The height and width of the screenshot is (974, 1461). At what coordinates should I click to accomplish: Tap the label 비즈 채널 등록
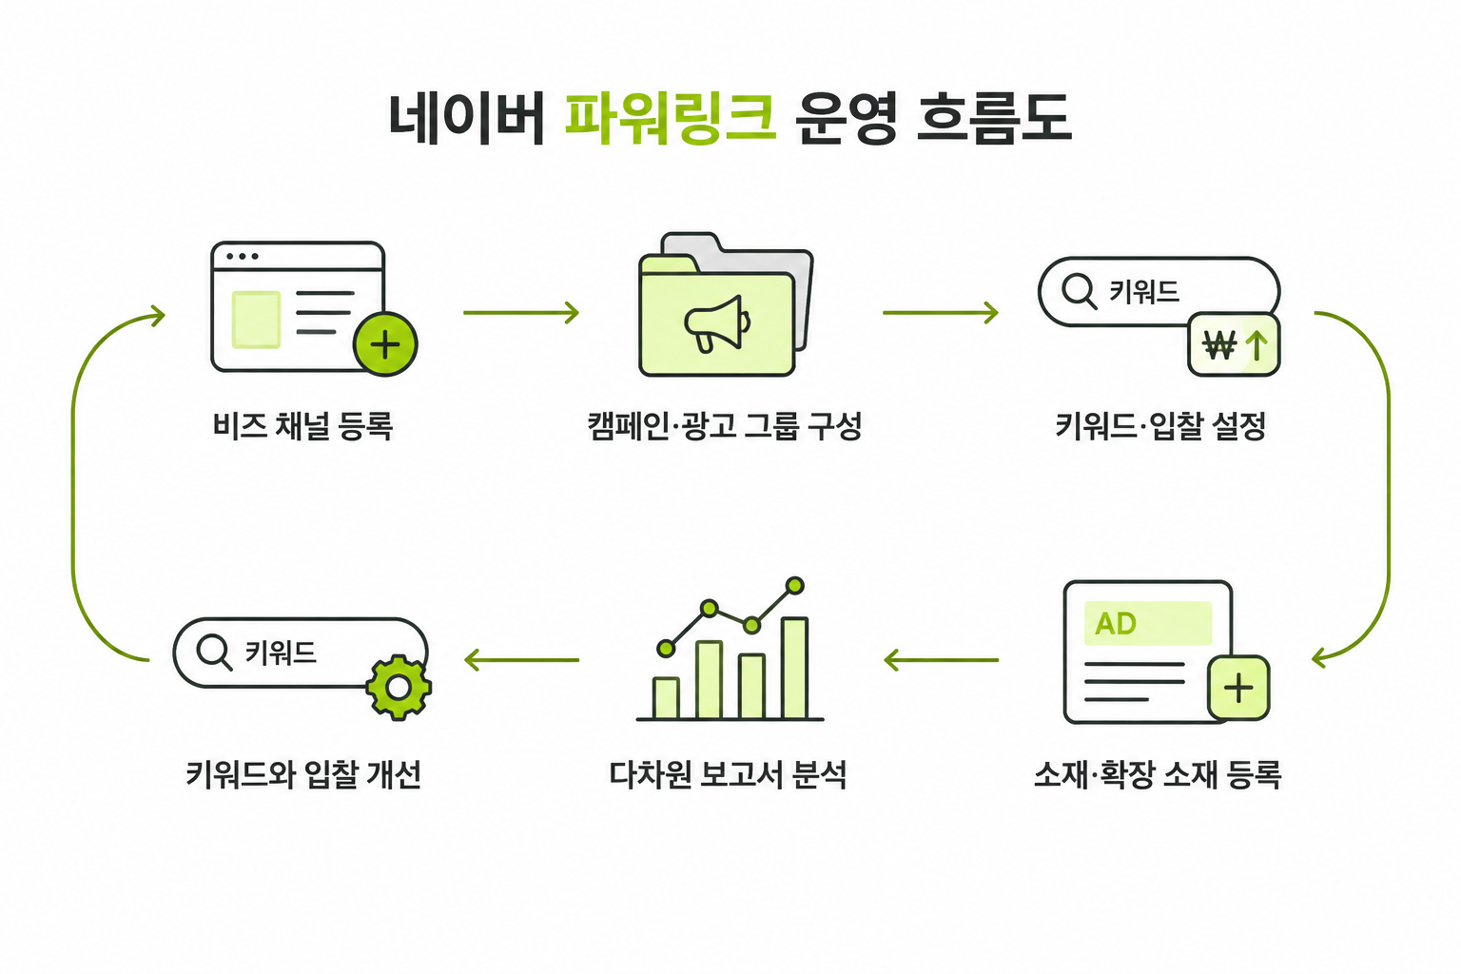click(303, 427)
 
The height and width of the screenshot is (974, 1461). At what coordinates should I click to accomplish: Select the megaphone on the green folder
click(717, 323)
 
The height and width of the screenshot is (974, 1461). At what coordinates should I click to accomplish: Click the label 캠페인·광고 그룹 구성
click(725, 427)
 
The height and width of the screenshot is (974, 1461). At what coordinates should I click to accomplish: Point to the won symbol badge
click(1234, 344)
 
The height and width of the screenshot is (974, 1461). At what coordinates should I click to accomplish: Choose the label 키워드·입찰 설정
click(1161, 427)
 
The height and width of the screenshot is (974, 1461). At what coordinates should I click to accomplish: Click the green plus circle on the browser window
click(385, 344)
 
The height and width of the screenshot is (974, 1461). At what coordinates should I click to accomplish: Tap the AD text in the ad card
click(1116, 624)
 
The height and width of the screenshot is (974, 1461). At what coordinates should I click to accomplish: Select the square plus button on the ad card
click(1238, 688)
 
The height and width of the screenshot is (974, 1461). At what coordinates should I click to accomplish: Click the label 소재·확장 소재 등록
click(1158, 774)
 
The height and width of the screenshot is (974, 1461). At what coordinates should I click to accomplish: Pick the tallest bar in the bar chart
click(794, 668)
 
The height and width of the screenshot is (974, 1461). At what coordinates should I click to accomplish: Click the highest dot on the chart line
click(794, 585)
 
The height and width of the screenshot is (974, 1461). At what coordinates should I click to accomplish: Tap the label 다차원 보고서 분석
click(728, 774)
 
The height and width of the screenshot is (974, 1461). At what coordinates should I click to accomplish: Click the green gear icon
click(399, 687)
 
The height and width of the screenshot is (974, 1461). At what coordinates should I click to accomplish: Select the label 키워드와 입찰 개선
click(303, 774)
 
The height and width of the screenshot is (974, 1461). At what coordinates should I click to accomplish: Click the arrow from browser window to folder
click(521, 313)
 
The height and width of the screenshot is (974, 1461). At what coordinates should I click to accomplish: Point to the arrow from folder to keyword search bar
click(941, 313)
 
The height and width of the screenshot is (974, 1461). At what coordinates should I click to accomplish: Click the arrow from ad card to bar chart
click(941, 660)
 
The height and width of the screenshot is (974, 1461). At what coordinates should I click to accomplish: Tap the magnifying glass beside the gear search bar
click(215, 652)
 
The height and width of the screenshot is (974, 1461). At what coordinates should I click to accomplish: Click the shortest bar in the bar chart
click(666, 698)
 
